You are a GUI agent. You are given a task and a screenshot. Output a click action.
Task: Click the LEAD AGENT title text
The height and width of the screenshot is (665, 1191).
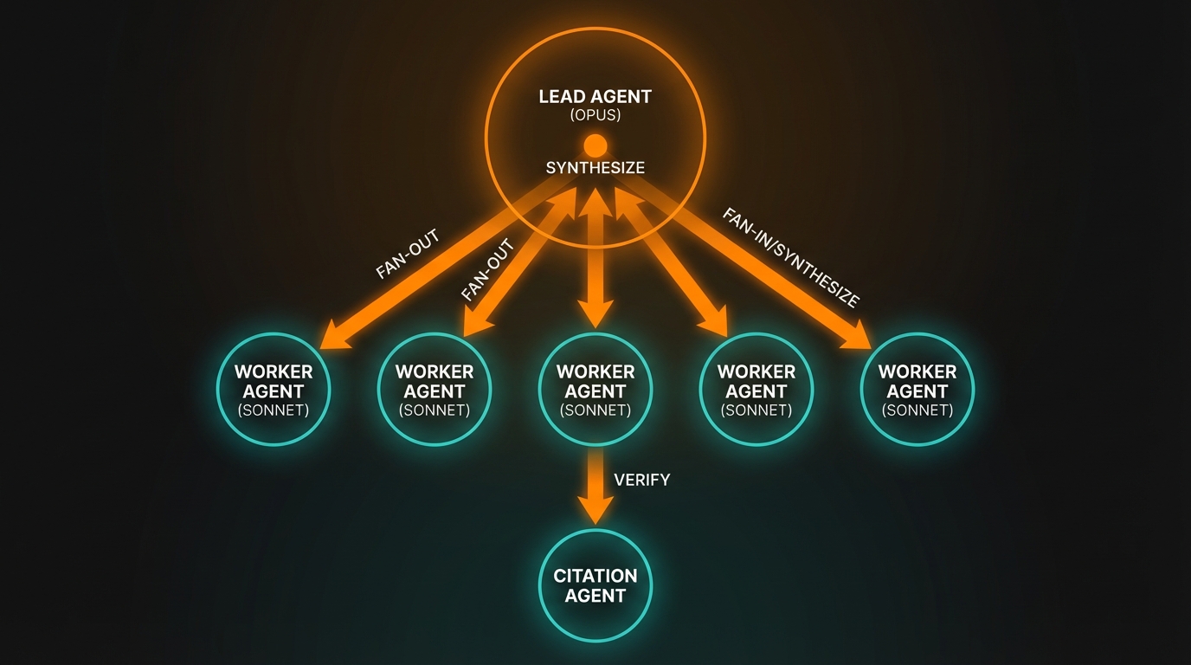tap(595, 96)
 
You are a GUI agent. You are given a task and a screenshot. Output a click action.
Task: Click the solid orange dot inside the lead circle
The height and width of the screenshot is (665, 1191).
tap(595, 145)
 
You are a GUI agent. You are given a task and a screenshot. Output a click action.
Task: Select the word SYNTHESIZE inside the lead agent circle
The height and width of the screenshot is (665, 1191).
tap(595, 168)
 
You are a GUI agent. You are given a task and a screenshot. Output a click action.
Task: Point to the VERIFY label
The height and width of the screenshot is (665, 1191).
tap(641, 480)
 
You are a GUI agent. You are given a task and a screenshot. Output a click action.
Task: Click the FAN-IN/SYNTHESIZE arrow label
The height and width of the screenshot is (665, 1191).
tap(790, 258)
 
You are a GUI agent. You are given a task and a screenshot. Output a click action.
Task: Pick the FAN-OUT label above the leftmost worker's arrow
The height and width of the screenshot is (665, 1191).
tap(408, 254)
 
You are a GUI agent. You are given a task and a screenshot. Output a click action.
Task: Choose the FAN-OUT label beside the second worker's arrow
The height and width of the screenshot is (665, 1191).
tap(488, 270)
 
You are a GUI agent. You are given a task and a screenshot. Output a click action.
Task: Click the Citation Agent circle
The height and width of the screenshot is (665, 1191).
tap(595, 586)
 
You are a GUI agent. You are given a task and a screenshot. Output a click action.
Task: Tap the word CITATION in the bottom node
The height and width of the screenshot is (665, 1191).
tap(595, 576)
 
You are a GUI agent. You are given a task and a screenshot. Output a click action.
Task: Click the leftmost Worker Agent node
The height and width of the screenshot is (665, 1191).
tap(274, 390)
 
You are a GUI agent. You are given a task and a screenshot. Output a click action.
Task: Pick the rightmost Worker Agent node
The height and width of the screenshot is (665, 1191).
tap(917, 390)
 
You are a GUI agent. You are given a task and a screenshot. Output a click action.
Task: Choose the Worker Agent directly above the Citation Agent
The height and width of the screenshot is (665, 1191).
tap(595, 390)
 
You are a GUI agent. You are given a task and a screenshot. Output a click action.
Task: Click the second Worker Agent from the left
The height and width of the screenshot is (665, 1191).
tap(435, 390)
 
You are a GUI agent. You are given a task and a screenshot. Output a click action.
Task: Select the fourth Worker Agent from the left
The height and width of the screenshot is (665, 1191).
tap(756, 390)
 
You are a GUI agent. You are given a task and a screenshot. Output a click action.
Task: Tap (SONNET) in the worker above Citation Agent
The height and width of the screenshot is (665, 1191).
tap(595, 410)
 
